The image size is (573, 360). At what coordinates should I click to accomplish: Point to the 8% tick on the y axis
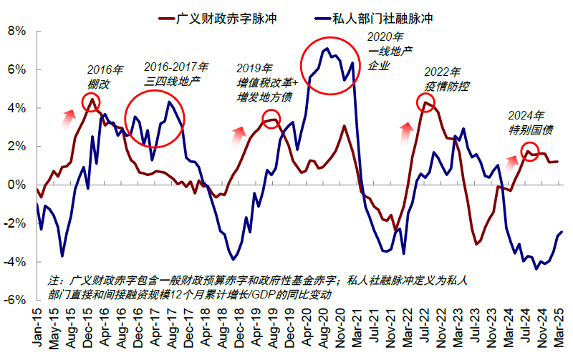coord(15,31)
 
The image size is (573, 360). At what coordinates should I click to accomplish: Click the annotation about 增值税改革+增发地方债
coord(264,82)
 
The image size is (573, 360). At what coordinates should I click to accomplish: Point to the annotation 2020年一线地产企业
coord(390,51)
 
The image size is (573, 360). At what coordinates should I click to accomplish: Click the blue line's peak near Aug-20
coord(327,49)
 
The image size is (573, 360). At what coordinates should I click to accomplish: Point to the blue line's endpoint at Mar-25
coord(561,232)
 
